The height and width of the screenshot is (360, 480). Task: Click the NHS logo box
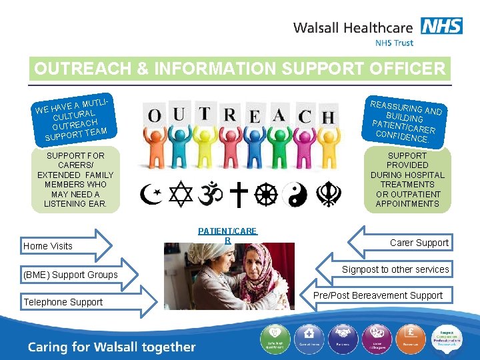pyautogui.click(x=441, y=26)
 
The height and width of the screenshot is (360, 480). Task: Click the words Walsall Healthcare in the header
pyautogui.click(x=353, y=28)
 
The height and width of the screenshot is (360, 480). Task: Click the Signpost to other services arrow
pyautogui.click(x=387, y=269)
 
